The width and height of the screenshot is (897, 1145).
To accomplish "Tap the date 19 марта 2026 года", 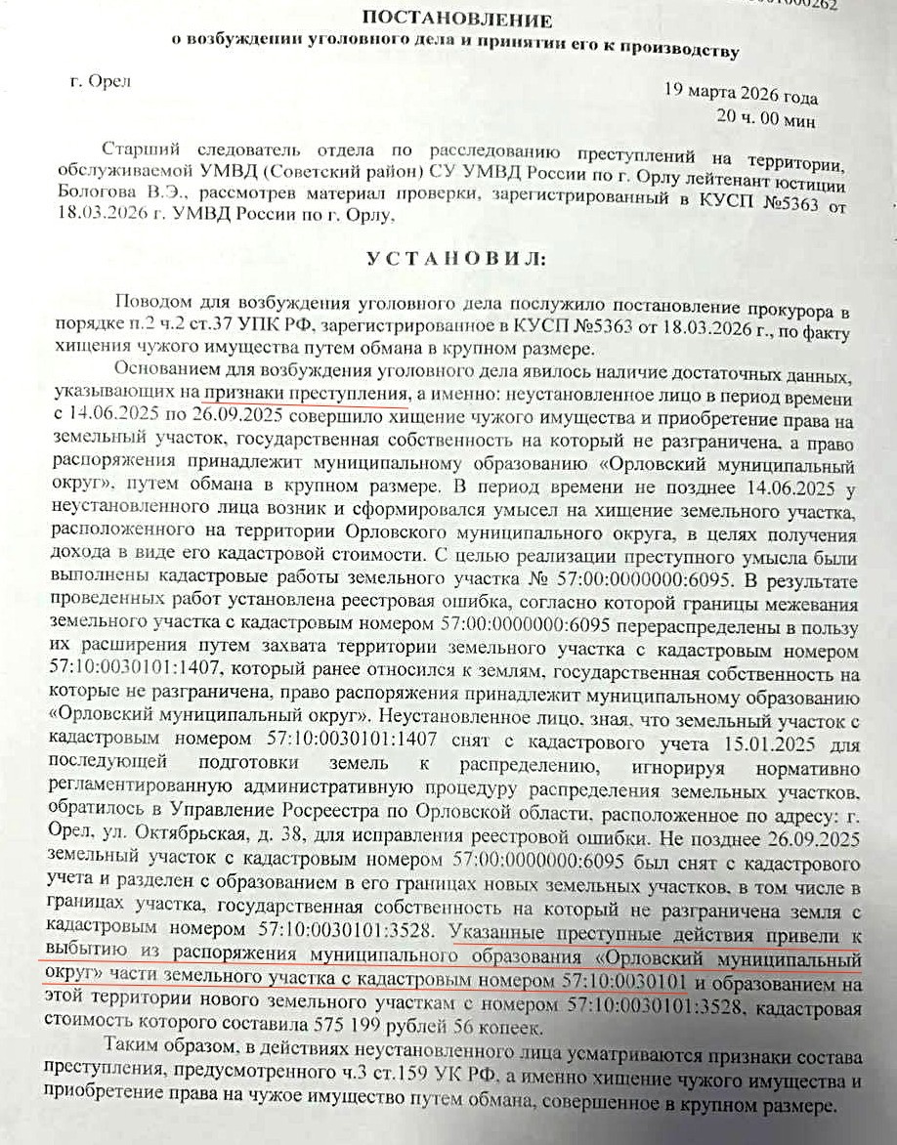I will [x=741, y=97].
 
